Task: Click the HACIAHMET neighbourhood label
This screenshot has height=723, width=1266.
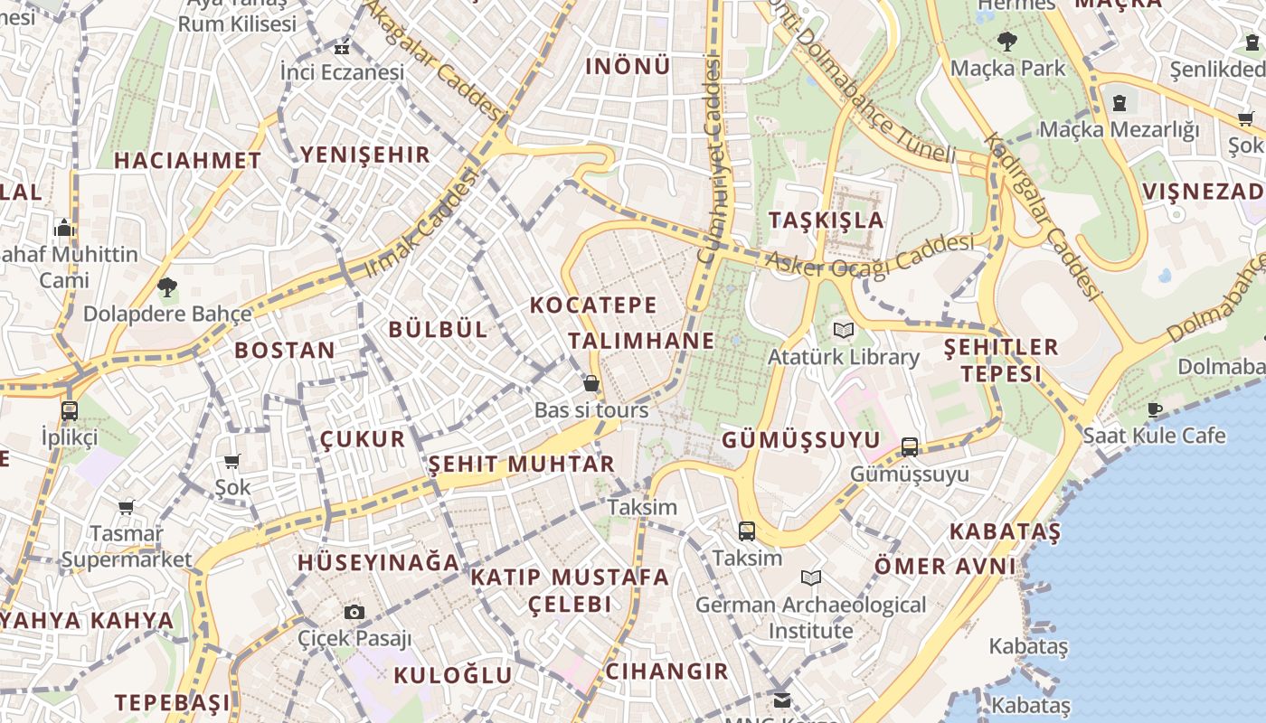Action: [187, 161]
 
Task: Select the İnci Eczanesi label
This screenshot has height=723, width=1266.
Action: [342, 72]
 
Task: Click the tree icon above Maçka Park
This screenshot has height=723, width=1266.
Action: [1006, 42]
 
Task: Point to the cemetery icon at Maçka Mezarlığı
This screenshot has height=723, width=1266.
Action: [1120, 103]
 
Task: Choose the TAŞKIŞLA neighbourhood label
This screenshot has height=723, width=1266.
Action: [826, 220]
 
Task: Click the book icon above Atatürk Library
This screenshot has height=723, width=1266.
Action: [843, 331]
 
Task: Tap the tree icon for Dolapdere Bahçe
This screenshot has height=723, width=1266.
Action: [166, 288]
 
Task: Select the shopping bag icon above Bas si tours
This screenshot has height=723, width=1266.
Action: [590, 384]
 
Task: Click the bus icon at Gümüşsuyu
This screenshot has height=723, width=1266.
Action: [910, 447]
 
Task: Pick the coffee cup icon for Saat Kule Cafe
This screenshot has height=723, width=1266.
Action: [1155, 409]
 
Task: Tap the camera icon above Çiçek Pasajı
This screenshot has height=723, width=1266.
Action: [354, 613]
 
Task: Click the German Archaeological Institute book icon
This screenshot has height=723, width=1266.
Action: [811, 577]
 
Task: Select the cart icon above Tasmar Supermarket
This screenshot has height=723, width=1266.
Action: [126, 508]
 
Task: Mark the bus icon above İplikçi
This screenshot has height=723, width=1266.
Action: [69, 411]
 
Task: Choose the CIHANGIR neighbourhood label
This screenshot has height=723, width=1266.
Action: [666, 671]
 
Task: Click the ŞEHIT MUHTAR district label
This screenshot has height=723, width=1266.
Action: [521, 465]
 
